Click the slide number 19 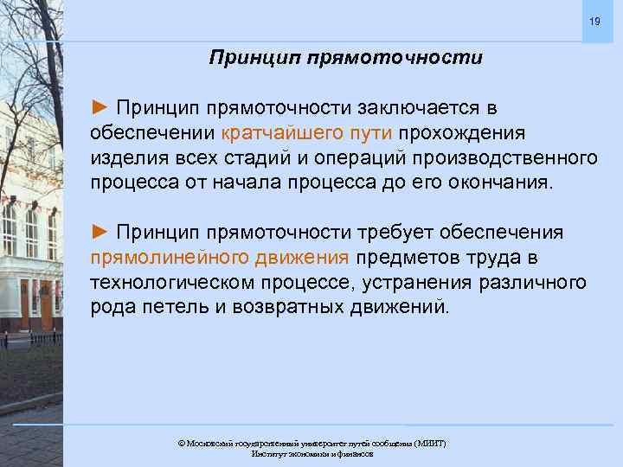[x=594, y=20]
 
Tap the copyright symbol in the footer [x=181, y=443]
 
